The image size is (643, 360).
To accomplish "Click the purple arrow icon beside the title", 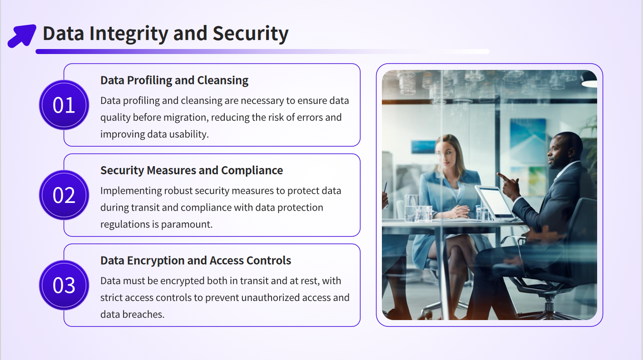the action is (x=22, y=36).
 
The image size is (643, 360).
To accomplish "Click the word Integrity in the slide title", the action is (x=129, y=34).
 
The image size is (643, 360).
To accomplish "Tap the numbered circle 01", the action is (x=64, y=105).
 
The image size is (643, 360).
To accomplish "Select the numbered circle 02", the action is (x=64, y=195).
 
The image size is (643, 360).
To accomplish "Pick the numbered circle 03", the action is (x=64, y=285).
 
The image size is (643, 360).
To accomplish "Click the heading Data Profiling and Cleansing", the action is (x=174, y=80).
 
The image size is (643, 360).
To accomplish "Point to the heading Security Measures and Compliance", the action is (x=192, y=171).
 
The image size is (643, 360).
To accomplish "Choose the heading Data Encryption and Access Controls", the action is (x=195, y=261).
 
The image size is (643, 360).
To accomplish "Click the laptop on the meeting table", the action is (x=494, y=202).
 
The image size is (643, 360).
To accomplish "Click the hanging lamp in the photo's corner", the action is (x=589, y=79).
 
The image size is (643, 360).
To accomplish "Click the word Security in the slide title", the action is (x=250, y=34).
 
